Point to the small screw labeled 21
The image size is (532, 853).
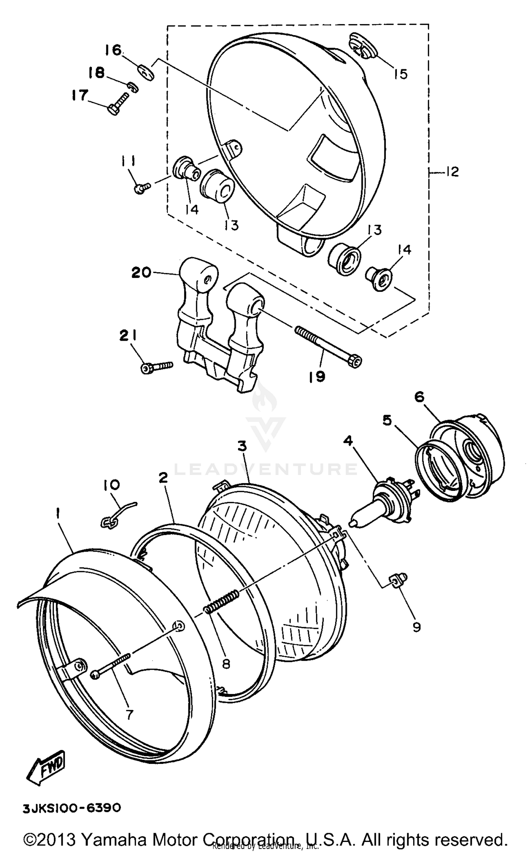click(156, 367)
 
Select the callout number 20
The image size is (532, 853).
click(142, 273)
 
